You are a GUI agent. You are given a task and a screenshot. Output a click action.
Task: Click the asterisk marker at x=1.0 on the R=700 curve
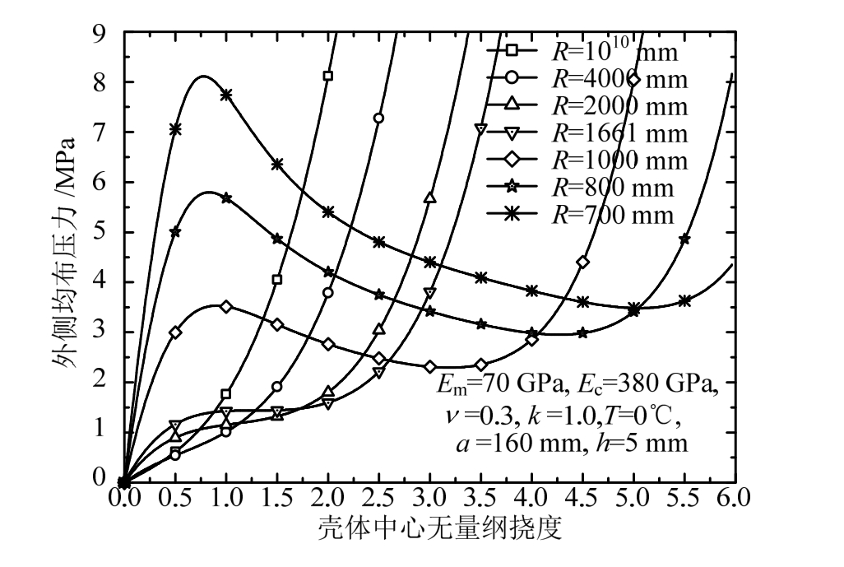(x=225, y=95)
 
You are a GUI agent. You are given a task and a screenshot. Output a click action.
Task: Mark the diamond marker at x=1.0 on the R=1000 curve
(x=225, y=306)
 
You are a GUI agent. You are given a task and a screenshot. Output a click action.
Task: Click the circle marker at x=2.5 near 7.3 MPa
(x=378, y=118)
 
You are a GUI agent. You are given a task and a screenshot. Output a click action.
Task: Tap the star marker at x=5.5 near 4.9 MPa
(x=684, y=239)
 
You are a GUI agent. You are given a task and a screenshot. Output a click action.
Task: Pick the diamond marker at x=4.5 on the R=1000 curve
(x=582, y=262)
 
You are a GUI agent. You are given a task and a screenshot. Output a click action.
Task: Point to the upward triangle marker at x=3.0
(x=429, y=198)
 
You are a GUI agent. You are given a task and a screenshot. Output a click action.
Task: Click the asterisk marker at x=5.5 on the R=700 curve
(x=684, y=300)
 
